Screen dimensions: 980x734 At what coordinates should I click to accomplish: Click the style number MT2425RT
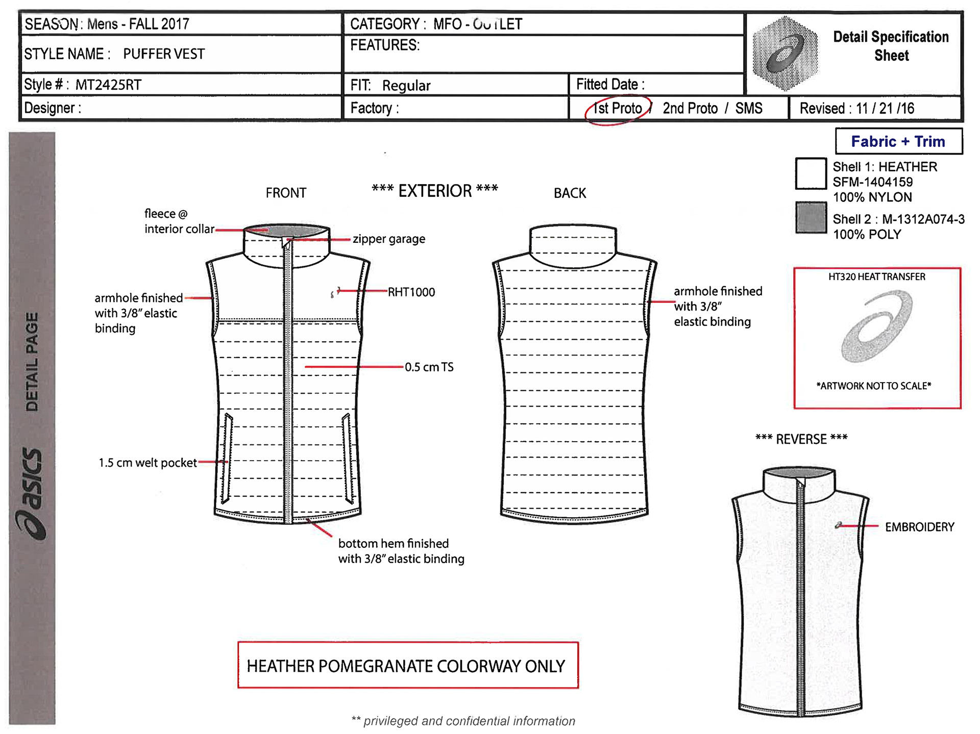click(x=108, y=85)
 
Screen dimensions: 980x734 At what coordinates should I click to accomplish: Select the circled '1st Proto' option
click(x=618, y=109)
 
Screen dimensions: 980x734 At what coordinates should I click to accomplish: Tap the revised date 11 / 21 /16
click(x=885, y=109)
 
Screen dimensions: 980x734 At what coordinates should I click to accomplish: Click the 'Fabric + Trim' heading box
click(x=898, y=141)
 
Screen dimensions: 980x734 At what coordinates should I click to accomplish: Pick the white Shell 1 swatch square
click(x=811, y=173)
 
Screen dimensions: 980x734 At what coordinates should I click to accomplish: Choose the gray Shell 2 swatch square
click(x=811, y=217)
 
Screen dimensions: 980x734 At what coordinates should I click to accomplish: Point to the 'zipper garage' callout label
click(x=389, y=239)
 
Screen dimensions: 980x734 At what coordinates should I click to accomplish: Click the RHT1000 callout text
click(x=411, y=292)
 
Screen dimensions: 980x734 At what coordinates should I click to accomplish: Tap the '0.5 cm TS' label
click(x=429, y=367)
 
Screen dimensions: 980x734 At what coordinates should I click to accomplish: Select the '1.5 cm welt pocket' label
click(x=148, y=463)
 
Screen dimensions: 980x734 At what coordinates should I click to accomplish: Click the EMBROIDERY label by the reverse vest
click(x=919, y=527)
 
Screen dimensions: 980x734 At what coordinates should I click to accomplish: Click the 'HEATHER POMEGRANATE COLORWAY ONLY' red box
click(x=407, y=665)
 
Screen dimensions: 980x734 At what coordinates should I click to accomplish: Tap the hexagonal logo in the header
click(x=786, y=54)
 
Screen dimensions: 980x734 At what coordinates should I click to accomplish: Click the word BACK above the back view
click(x=570, y=193)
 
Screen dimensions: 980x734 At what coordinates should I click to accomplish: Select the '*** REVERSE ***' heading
click(x=801, y=439)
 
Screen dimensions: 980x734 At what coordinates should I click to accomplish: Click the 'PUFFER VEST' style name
click(x=164, y=54)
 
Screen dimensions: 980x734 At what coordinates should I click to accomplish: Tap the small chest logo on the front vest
click(x=335, y=292)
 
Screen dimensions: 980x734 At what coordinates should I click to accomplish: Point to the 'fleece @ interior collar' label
click(x=179, y=221)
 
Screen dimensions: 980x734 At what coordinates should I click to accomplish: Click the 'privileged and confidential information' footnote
click(x=463, y=721)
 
